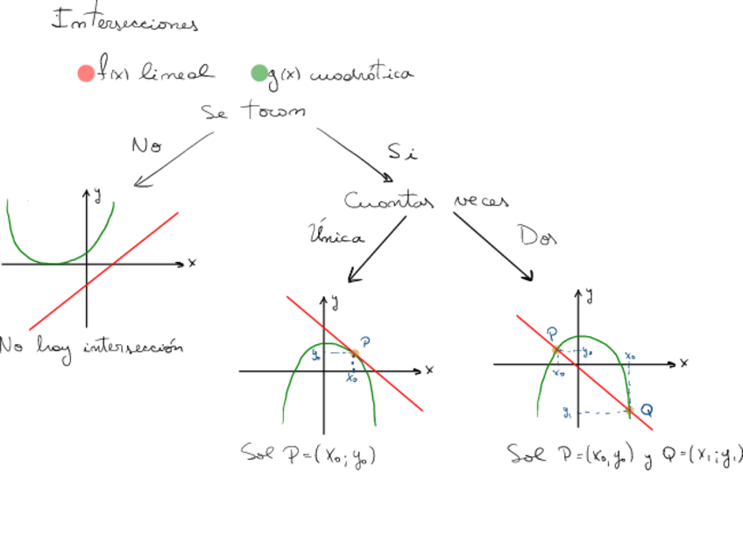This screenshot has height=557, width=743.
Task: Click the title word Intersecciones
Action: point(125,21)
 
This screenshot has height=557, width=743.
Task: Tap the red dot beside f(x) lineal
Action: point(85,74)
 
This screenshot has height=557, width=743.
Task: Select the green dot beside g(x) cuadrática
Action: point(258,74)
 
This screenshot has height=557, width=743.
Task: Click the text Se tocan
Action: point(253,112)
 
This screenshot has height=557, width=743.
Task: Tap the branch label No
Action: point(146,145)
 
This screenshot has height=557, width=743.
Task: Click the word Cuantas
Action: point(389,202)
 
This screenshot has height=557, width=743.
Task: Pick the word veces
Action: point(481,201)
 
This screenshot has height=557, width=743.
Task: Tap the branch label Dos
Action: point(537,236)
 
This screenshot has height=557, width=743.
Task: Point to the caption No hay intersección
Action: point(91,347)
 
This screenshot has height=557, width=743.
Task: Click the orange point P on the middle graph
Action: point(355,353)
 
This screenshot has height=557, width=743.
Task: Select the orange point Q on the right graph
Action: point(629,409)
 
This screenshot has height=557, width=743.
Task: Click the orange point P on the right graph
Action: point(556,350)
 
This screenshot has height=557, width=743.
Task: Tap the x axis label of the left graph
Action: point(192,263)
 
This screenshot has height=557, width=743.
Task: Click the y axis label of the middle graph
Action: point(336,303)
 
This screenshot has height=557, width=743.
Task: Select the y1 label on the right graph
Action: point(568,412)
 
